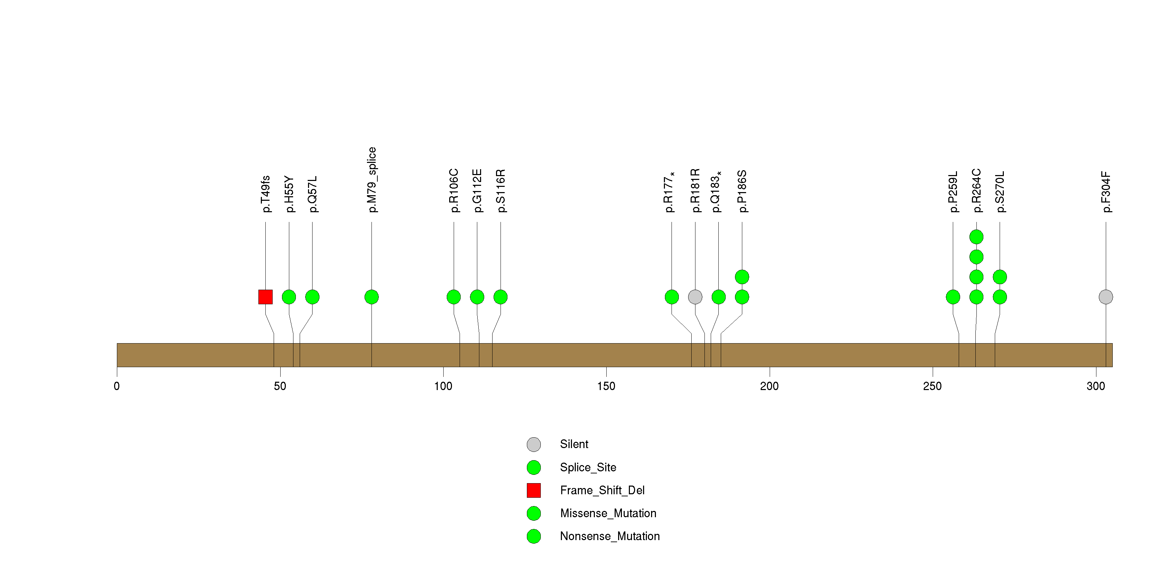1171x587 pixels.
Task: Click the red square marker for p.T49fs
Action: (x=265, y=297)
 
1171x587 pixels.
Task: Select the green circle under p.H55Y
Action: (x=289, y=297)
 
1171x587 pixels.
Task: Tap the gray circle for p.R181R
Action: (x=695, y=297)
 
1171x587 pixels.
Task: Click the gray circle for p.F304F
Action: (x=1106, y=297)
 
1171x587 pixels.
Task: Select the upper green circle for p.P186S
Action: (x=742, y=277)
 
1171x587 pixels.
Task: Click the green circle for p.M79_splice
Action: (x=372, y=297)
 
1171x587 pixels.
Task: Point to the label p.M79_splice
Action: (x=372, y=180)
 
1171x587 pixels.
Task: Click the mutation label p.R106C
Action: (x=454, y=191)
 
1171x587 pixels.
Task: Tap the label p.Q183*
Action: (x=716, y=192)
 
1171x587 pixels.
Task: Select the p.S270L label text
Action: (x=1000, y=192)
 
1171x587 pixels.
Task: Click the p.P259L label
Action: (x=953, y=192)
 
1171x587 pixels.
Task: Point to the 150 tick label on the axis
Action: (x=606, y=386)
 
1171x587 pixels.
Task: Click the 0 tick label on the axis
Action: (x=117, y=386)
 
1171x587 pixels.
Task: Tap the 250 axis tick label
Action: (x=932, y=386)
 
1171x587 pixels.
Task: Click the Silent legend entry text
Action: (x=574, y=444)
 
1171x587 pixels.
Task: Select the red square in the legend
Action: (x=534, y=490)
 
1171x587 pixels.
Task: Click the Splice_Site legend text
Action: (x=588, y=467)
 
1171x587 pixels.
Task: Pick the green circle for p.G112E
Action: (x=477, y=297)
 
